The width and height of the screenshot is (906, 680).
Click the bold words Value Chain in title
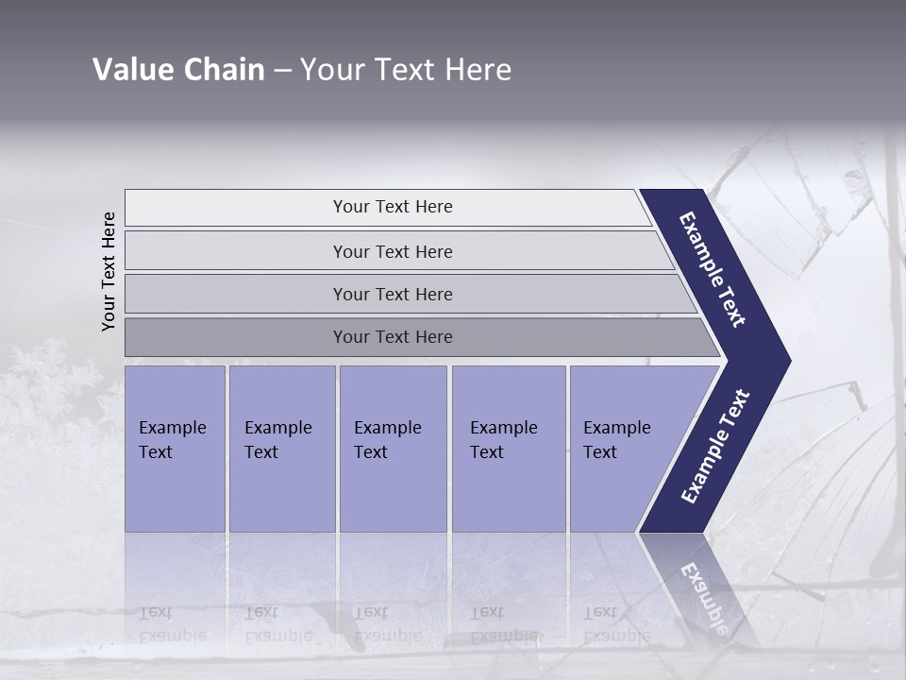coord(178,70)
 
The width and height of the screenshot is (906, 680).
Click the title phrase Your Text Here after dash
coord(406,70)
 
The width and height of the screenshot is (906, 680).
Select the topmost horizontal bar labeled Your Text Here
coord(392,207)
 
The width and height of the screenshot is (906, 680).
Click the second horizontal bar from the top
coord(392,251)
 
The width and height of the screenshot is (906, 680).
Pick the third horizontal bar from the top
coord(392,294)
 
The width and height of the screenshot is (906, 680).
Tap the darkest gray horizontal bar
coord(392,337)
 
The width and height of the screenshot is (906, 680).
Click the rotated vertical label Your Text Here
coord(109,271)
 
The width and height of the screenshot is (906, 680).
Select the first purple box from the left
coord(175,449)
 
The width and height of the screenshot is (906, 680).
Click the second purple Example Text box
coord(281,449)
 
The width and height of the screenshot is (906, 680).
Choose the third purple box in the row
coord(393,449)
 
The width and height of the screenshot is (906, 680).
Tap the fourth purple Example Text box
coord(508,449)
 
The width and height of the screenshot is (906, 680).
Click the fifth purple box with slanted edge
coord(623,449)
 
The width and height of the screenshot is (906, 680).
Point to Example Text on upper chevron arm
coord(713,269)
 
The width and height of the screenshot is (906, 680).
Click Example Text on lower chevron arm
coord(715,447)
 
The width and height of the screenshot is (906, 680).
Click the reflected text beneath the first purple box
coord(172,624)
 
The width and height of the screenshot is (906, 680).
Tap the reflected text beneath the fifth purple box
coord(616,624)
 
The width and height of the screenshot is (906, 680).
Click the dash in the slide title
coord(282,71)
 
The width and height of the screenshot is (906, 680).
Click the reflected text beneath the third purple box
coord(387,624)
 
